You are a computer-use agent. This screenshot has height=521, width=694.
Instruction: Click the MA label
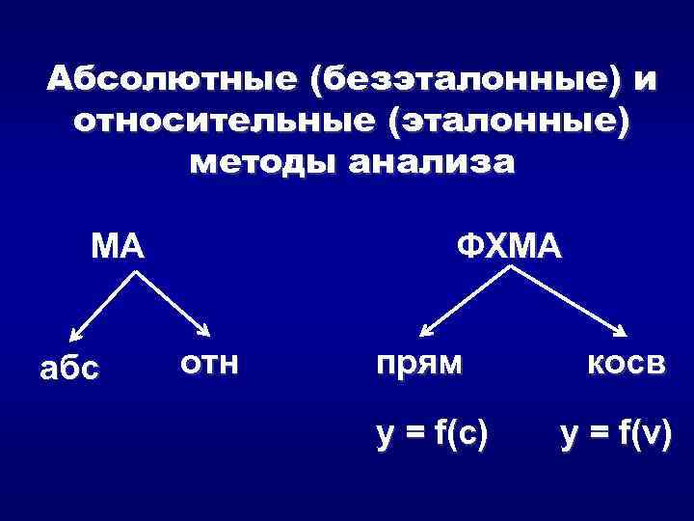(117, 248)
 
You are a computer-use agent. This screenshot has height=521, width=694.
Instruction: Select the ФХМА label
(507, 248)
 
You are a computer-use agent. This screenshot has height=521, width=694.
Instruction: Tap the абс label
(68, 369)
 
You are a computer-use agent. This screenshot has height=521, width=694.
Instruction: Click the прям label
(419, 364)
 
